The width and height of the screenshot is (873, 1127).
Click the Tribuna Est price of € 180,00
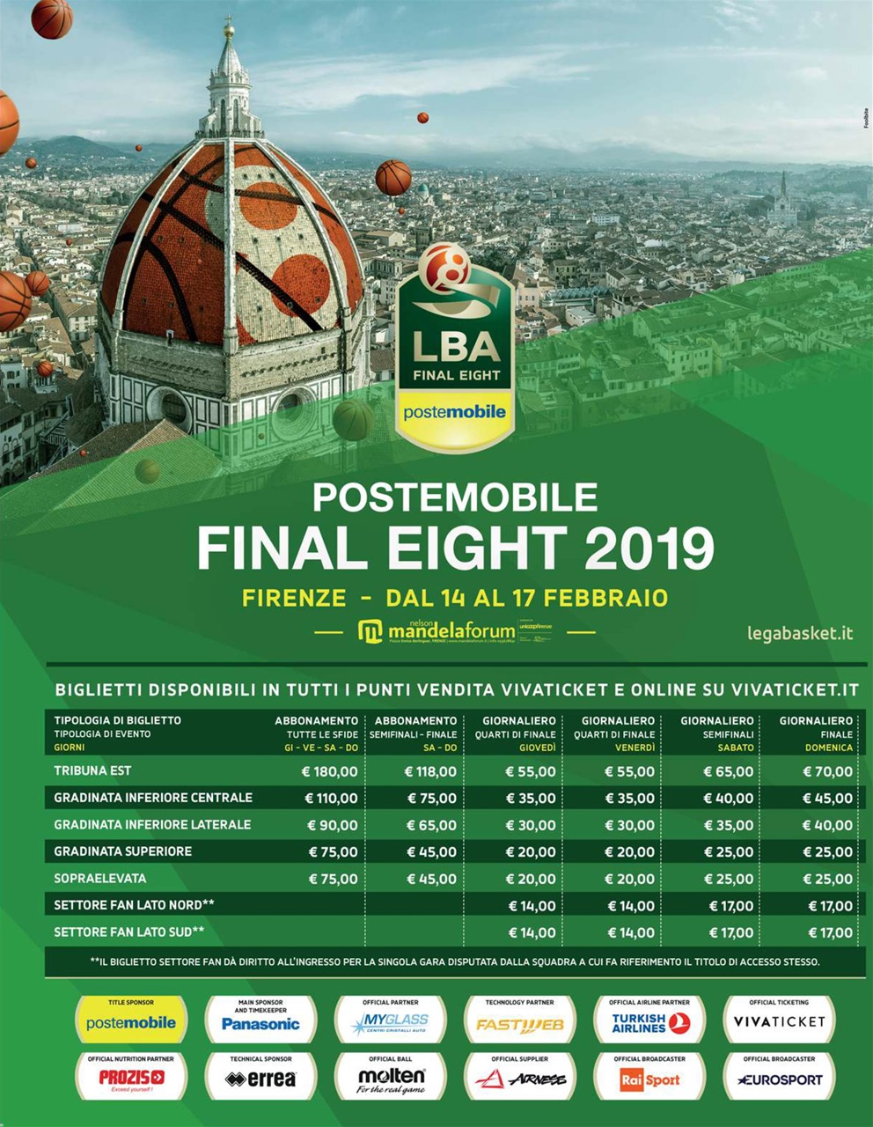[x=330, y=771]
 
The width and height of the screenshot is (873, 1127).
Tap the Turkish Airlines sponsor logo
[x=650, y=1023]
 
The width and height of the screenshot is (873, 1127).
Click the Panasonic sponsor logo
[x=260, y=1023]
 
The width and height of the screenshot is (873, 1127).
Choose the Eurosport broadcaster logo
[x=780, y=1079]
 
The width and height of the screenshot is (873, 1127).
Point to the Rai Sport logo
[x=650, y=1079]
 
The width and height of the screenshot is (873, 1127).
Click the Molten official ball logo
[x=391, y=1079]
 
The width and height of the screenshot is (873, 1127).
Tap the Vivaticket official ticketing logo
[x=780, y=1022]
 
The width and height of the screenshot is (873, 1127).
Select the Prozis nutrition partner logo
[x=131, y=1079]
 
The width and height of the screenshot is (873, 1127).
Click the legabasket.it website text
[x=799, y=633]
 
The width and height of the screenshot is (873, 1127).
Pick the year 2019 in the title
[x=649, y=548]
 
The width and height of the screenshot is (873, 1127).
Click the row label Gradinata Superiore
[x=122, y=851]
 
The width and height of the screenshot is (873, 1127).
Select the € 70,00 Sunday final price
[x=827, y=771]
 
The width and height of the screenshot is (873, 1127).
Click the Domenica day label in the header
[x=829, y=748]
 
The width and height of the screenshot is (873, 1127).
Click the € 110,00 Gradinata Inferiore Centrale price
[x=330, y=799]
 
